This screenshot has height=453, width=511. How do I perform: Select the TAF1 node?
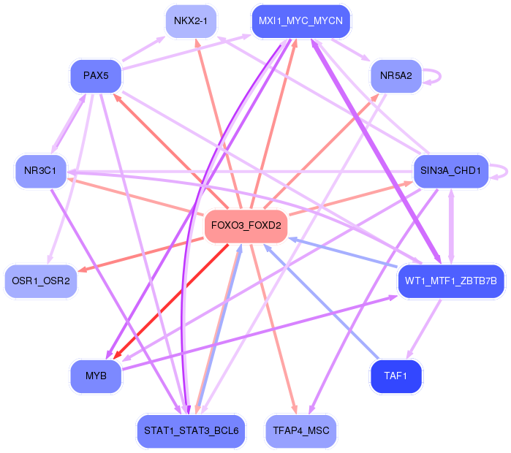[x=396, y=376]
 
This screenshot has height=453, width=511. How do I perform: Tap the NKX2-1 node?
[x=191, y=21]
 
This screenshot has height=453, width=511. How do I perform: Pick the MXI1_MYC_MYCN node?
[x=300, y=21]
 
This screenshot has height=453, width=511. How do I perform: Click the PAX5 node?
[x=96, y=76]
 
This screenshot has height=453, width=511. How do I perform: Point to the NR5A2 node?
[x=396, y=76]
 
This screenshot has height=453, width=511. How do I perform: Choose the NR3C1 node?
[x=41, y=171]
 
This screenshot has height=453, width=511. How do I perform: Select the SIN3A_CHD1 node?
[x=451, y=171]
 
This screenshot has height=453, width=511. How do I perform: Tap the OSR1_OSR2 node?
[x=41, y=281]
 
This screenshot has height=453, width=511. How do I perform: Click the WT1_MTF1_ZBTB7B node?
[x=451, y=281]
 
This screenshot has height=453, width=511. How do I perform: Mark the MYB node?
[x=96, y=376]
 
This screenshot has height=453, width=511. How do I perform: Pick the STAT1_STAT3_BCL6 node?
[x=191, y=431]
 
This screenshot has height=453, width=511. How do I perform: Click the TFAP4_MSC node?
[x=300, y=431]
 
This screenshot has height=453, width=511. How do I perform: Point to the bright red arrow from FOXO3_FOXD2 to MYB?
[x=171, y=301]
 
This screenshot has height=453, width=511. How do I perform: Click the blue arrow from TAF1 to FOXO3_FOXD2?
[x=321, y=302]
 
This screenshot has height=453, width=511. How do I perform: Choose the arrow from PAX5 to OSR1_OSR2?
[x=70, y=178]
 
